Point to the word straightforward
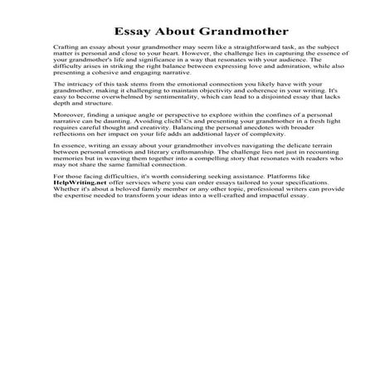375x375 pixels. (x=237, y=51)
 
